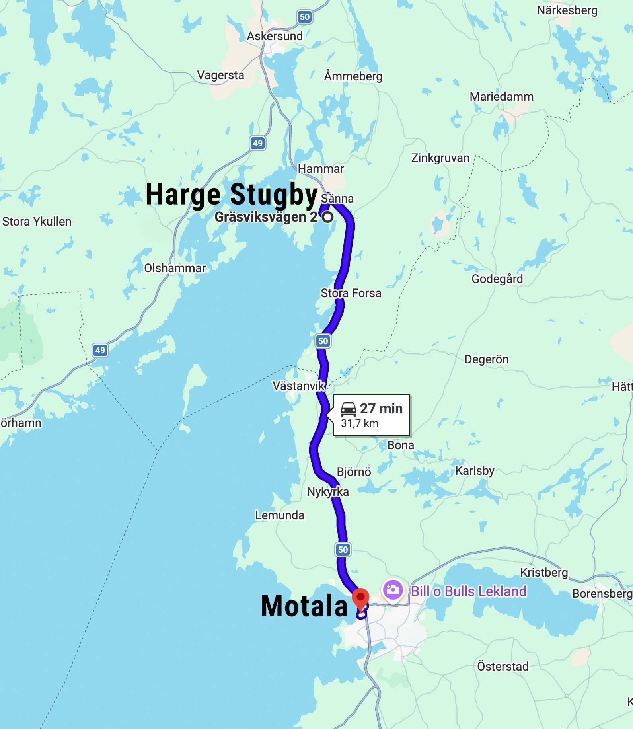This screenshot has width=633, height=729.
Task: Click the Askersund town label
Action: click(x=275, y=36)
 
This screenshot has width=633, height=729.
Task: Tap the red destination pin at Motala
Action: click(x=360, y=598)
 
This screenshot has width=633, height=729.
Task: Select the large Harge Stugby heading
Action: click(x=232, y=194)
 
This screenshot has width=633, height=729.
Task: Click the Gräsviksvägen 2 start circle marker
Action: click(x=328, y=217)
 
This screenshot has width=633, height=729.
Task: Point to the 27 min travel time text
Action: click(x=381, y=409)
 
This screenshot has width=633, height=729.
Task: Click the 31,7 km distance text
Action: click(x=359, y=423)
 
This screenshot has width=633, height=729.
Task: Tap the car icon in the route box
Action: click(x=349, y=409)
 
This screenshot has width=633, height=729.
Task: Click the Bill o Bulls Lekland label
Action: click(x=468, y=591)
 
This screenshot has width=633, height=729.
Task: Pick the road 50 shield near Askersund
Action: click(x=304, y=17)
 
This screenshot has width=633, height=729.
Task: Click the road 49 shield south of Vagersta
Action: click(x=257, y=143)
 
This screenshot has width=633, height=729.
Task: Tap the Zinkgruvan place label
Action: click(x=440, y=158)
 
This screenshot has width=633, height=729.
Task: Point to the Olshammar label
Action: click(x=175, y=268)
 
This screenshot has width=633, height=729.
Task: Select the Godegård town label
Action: click(x=497, y=279)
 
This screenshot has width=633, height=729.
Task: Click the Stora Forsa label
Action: click(x=351, y=293)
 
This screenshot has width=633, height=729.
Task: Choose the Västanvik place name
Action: click(x=298, y=386)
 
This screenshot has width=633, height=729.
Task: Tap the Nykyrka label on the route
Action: click(x=327, y=492)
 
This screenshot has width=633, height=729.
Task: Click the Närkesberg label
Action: click(x=567, y=10)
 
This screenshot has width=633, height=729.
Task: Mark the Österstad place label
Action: click(x=503, y=666)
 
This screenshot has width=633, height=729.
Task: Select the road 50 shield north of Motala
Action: click(x=343, y=550)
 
